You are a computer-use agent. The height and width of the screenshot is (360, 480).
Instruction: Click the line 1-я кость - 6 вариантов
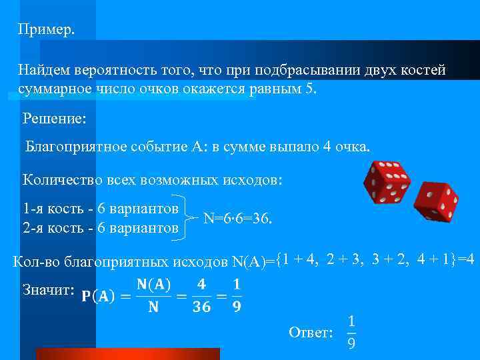pos(101,209)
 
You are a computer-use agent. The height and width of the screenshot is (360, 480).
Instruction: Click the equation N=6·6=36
pos(237,219)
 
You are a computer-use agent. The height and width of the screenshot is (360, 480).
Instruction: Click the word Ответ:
pos(311,332)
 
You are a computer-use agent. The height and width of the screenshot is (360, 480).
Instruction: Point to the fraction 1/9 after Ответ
pos(351,332)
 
